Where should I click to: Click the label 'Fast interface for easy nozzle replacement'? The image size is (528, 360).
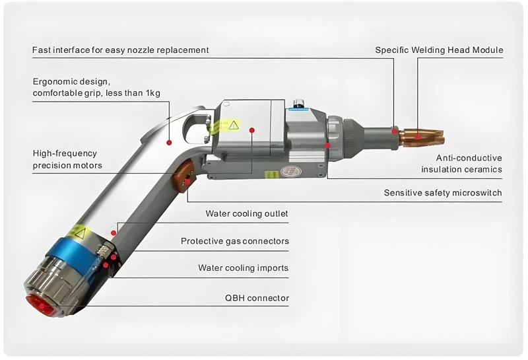(x=120, y=50)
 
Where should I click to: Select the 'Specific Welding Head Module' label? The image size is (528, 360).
(x=439, y=50)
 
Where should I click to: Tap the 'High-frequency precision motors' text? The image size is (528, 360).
(x=65, y=159)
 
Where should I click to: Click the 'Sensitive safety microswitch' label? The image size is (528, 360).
(x=443, y=194)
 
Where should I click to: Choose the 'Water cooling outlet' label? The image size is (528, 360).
(x=247, y=214)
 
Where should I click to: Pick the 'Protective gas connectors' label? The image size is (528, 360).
(x=235, y=241)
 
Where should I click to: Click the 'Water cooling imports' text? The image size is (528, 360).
(x=243, y=268)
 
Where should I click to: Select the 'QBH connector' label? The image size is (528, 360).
(x=257, y=299)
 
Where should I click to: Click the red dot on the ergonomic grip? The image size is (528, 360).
(x=169, y=141)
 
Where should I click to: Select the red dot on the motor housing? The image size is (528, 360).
(x=251, y=131)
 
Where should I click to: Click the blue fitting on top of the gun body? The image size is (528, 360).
(x=297, y=103)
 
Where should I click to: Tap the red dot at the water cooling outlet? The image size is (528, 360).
(x=114, y=233)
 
